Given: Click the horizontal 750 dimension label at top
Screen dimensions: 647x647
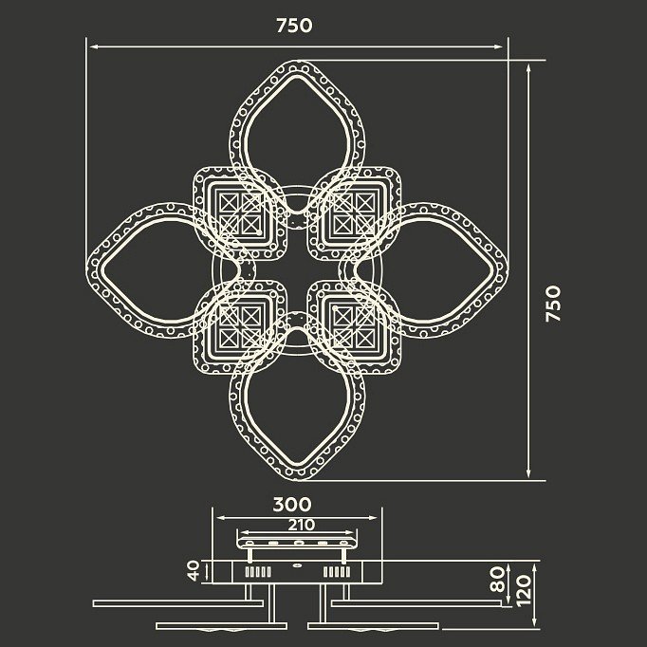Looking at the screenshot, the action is (x=294, y=26).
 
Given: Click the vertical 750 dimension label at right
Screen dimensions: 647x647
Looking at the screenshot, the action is (x=553, y=304).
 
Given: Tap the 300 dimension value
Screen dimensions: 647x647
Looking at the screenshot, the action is (x=292, y=505).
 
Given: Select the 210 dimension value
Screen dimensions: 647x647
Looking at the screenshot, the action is (x=302, y=526).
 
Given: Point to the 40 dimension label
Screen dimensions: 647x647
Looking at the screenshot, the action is (x=194, y=571).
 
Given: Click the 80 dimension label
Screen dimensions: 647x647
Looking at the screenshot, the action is (x=498, y=580).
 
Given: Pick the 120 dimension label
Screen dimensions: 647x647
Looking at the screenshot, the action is (x=524, y=591).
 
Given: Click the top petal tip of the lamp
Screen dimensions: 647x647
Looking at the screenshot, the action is (x=298, y=61).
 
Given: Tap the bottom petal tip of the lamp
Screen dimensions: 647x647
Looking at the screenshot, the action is (x=298, y=480).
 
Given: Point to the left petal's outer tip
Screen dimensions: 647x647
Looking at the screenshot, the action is (x=87, y=270).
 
